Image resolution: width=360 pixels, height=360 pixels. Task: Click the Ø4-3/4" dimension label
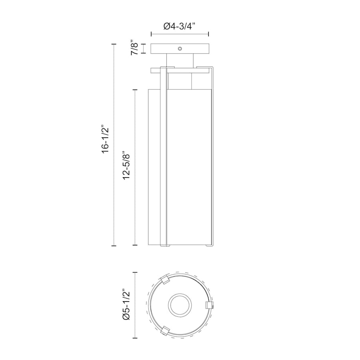point(180,26)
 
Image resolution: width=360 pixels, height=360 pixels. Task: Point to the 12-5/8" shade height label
point(127,165)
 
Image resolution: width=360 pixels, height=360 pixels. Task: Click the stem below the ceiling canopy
point(180,60)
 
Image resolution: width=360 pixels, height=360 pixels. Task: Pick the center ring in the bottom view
point(180,306)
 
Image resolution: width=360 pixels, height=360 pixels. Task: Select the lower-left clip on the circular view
point(164,331)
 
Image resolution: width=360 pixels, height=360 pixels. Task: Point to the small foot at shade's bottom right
point(208,245)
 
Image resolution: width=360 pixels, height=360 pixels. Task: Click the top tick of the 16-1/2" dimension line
point(114,44)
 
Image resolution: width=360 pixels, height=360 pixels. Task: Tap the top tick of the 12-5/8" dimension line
point(135,90)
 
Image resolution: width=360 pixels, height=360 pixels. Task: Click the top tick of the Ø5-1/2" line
point(135,272)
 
